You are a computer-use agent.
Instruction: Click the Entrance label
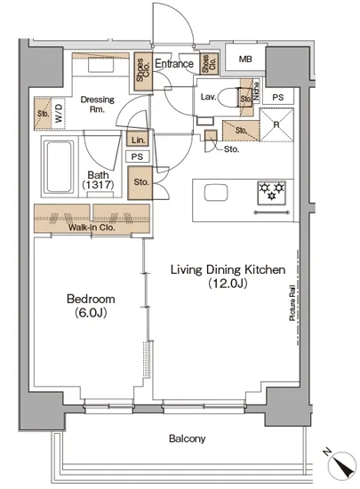pos(174,64)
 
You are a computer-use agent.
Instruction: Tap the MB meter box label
pos(245,59)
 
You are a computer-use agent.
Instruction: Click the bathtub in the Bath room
pos(59,167)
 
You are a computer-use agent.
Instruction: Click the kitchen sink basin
pos(216,192)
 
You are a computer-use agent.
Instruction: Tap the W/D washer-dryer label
pos(59,113)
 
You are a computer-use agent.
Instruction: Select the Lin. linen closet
pos(138,140)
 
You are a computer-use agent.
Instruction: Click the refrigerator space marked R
pos(276,124)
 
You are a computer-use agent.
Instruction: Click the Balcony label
pos(187,438)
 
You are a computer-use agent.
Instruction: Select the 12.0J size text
pos(228,283)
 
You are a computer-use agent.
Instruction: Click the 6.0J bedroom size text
pos(91,312)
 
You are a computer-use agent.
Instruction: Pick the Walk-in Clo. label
pos(92,228)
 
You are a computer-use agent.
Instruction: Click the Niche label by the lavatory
pos(256,91)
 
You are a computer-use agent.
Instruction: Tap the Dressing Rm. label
pos(97,105)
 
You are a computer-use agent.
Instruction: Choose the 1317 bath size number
pos(98,185)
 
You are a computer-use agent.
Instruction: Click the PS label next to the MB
pos(277,97)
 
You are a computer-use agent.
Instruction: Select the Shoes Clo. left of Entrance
pos(143,70)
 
